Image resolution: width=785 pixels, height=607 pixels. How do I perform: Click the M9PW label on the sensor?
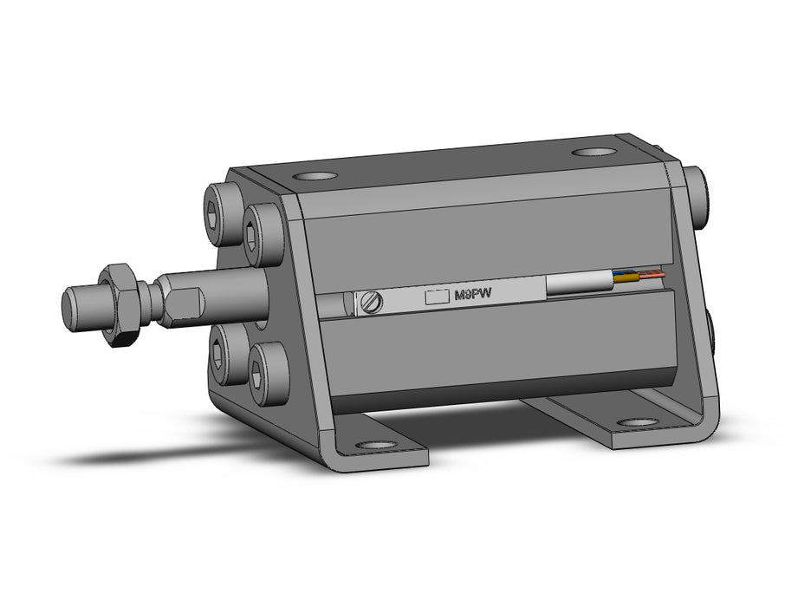[472, 295]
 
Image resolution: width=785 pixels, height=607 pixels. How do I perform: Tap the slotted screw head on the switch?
[372, 301]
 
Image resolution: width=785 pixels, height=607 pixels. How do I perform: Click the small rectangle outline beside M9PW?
[437, 297]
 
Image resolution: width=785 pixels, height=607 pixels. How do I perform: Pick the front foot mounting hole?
[375, 445]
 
